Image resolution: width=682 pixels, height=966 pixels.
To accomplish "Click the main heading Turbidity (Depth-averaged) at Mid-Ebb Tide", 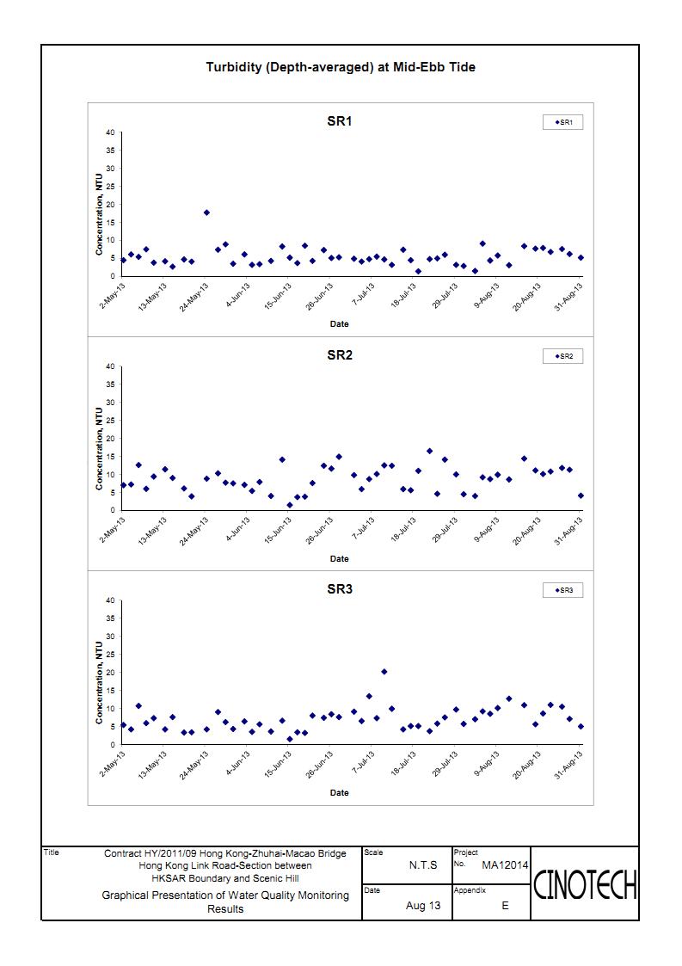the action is [x=340, y=67].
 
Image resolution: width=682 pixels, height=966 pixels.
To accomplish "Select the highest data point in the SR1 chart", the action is [x=206, y=212].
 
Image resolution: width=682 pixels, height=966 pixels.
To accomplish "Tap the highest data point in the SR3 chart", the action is [x=384, y=672].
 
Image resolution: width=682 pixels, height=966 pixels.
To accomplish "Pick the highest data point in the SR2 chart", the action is [x=429, y=451].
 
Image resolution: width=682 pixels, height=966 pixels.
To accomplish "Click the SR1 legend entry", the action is [x=563, y=123].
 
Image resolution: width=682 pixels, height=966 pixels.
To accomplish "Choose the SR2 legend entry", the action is [x=563, y=356].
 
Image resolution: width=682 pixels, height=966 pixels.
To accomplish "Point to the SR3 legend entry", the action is [x=563, y=590].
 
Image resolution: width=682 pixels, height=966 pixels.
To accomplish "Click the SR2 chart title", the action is [x=340, y=355].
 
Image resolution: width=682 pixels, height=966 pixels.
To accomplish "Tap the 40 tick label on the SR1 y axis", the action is [x=110, y=132].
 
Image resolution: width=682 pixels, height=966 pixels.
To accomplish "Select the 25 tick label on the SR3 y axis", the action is [x=110, y=655].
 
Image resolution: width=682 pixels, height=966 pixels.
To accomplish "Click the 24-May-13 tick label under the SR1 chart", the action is [x=194, y=297].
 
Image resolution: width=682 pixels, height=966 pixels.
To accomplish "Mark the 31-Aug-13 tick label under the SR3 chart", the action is [x=568, y=765].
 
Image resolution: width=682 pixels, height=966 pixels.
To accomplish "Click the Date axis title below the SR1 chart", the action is [x=340, y=324].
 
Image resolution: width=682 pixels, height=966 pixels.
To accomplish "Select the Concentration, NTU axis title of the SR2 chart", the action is [x=99, y=448].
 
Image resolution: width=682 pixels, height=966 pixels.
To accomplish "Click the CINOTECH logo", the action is [x=585, y=884].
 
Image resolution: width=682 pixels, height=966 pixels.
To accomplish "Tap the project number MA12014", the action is [x=505, y=865].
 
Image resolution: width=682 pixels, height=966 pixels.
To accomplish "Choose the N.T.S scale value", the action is [x=423, y=865].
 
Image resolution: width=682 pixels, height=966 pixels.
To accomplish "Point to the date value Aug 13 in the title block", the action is [x=423, y=905].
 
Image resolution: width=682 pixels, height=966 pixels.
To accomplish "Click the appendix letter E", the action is [x=505, y=905].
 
